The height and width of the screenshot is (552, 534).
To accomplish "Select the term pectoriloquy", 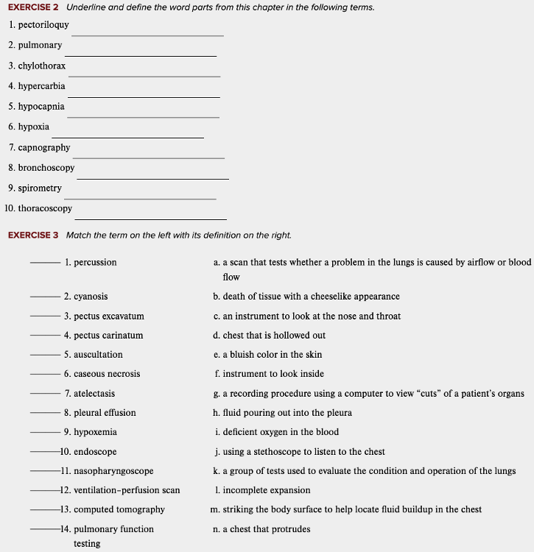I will (43, 25).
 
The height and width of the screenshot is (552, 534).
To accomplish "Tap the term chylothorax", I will (42, 66).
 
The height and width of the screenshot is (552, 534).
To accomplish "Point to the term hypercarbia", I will (41, 86).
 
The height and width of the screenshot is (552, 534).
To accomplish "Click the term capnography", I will (44, 148).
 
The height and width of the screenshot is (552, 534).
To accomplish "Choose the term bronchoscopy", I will (46, 168).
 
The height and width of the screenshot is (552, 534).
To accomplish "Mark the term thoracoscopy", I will (45, 209).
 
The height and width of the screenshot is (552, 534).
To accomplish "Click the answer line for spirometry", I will (140, 198).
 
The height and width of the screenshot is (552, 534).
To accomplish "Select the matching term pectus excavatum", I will (109, 316).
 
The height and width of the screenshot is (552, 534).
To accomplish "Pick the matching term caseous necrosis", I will (107, 374).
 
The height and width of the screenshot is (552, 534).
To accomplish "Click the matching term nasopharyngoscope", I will (113, 471).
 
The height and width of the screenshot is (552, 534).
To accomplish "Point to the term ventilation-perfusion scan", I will (127, 490).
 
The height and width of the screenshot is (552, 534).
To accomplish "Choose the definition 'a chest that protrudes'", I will (267, 529).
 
